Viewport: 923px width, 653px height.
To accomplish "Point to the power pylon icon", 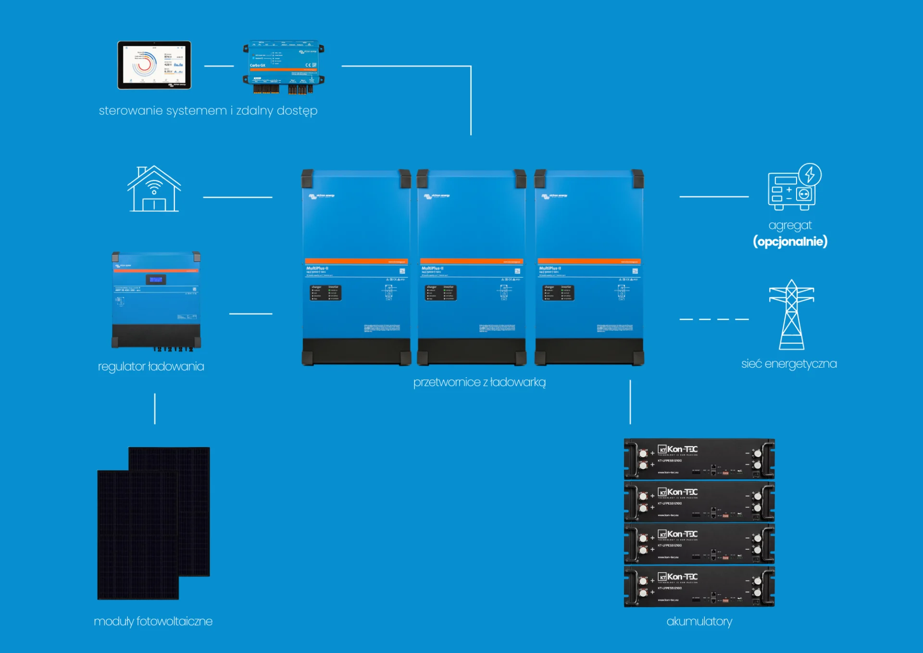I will click(791, 315).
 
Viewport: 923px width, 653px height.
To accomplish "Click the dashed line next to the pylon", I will click(714, 319).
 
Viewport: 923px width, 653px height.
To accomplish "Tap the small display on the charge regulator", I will click(156, 279).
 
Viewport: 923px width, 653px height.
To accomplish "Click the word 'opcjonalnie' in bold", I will click(790, 242).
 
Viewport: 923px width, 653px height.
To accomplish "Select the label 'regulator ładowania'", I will click(151, 367).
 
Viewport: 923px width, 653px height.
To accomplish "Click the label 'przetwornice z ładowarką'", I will click(479, 383).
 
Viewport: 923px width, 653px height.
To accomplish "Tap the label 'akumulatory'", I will click(699, 622).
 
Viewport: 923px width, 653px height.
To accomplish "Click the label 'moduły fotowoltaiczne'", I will click(153, 622).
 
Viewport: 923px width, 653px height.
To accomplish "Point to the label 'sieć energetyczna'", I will click(789, 364).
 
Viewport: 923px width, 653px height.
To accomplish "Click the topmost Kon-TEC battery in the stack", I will click(699, 459).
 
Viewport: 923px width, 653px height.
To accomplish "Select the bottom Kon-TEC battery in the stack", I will click(699, 587).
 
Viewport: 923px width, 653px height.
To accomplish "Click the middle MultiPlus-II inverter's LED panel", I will click(440, 293).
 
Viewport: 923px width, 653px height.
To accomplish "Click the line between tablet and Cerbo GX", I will click(219, 66).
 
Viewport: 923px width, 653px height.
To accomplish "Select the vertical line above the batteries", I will click(630, 402).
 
